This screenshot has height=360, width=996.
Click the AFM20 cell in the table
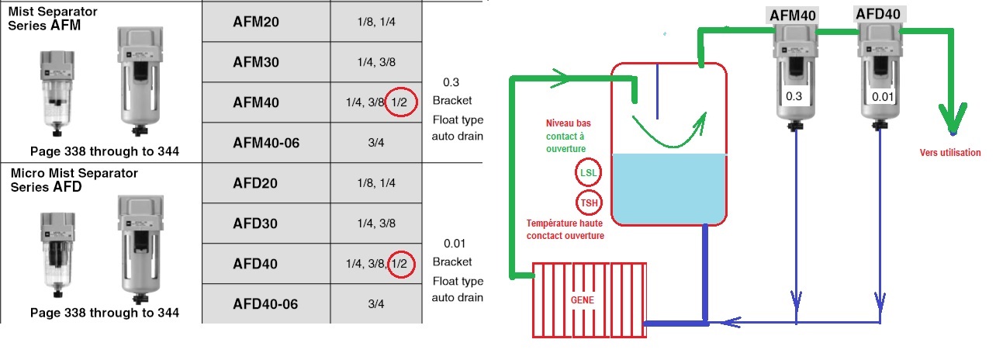[x=255, y=22]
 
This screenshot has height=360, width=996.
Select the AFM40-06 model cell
[x=266, y=143]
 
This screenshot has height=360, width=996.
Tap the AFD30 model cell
[x=255, y=223]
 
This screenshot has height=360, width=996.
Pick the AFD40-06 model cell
[x=265, y=304]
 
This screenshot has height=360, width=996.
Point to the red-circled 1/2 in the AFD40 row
[x=400, y=264]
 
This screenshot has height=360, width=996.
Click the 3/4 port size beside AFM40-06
[x=375, y=143]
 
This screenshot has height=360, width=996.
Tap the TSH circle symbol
[x=587, y=203]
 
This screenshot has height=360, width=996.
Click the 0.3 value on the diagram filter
[x=794, y=96]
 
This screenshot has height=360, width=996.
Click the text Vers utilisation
[x=949, y=153]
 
